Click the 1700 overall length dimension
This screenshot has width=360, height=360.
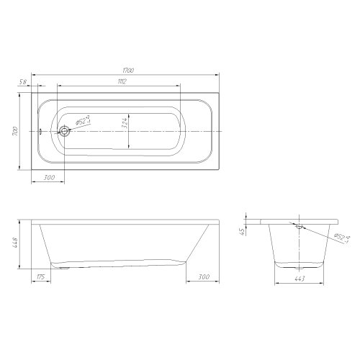pos(128,71)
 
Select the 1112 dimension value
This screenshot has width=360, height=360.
pos(122,81)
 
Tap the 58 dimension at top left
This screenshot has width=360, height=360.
pos(22,82)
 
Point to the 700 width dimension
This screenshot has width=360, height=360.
pos(15,131)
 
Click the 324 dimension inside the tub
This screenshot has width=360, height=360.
pos(125,123)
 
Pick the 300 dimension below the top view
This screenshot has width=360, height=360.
pos(49,178)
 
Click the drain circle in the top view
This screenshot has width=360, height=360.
pos(64,131)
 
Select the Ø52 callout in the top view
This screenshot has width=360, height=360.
pos(83,120)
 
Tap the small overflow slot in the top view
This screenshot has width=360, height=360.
pos(40,131)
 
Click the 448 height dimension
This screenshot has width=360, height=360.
pos(14,243)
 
